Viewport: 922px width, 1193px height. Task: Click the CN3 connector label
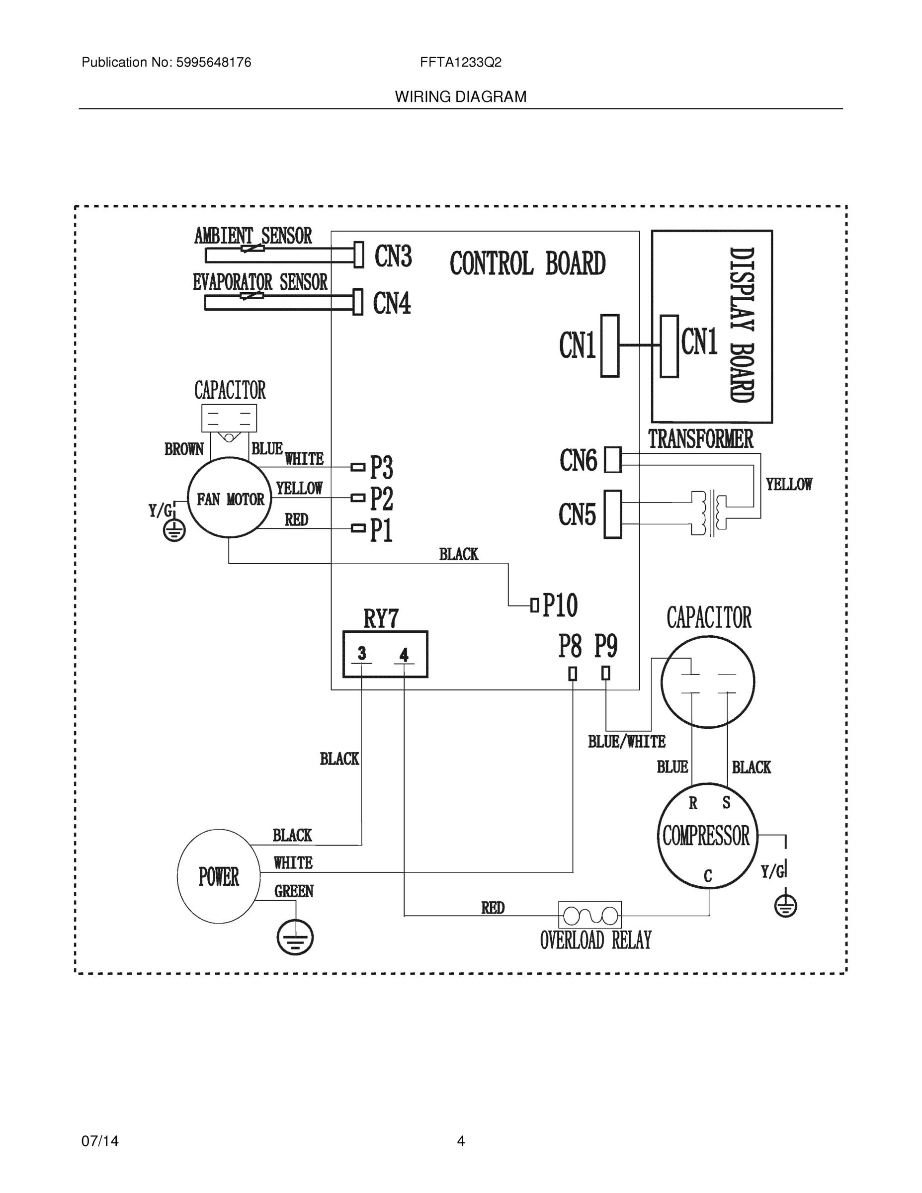pos(393,256)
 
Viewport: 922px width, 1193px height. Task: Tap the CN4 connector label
pos(392,303)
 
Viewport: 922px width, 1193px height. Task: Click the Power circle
pos(219,876)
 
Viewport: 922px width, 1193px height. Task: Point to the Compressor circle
pos(707,836)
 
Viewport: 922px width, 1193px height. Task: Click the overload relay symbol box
pos(589,915)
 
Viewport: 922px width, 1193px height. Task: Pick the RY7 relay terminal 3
pos(361,654)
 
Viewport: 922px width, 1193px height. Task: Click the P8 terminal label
pos(570,646)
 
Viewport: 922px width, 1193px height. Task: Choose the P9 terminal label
pos(606,646)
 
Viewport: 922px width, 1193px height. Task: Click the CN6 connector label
pos(578,460)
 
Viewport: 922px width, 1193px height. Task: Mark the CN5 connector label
pos(577,514)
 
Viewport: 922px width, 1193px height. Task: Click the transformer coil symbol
pos(709,513)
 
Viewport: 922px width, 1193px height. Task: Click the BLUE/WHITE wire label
pos(626,742)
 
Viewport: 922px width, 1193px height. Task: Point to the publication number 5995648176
pos(213,63)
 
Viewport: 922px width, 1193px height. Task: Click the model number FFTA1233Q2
pos(460,63)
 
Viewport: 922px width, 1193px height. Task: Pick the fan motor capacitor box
pos(229,419)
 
